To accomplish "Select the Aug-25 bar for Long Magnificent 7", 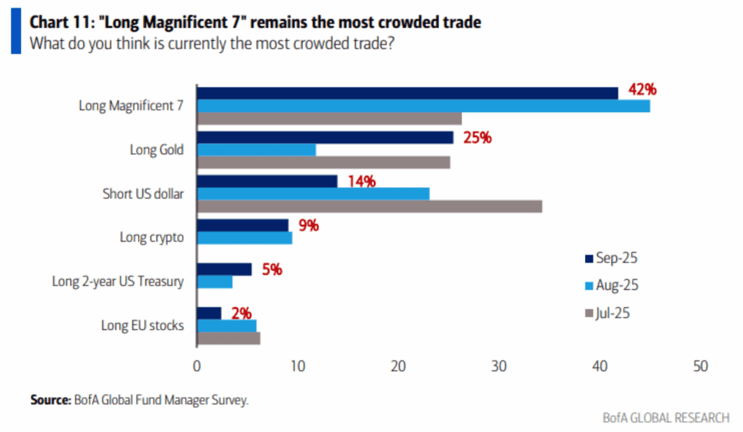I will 424,106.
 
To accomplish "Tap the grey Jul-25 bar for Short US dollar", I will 370,206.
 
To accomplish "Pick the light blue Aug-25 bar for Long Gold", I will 256,150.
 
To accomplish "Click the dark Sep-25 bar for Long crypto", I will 243,225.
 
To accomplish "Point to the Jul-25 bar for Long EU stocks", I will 228,338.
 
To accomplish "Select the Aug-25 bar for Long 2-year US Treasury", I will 215,281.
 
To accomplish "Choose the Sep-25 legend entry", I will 610,258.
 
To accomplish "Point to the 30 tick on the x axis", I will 499,366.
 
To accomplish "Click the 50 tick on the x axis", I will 701,366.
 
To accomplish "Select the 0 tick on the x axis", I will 197,366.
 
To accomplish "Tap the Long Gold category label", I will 156,150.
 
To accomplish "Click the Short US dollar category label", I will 142,193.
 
